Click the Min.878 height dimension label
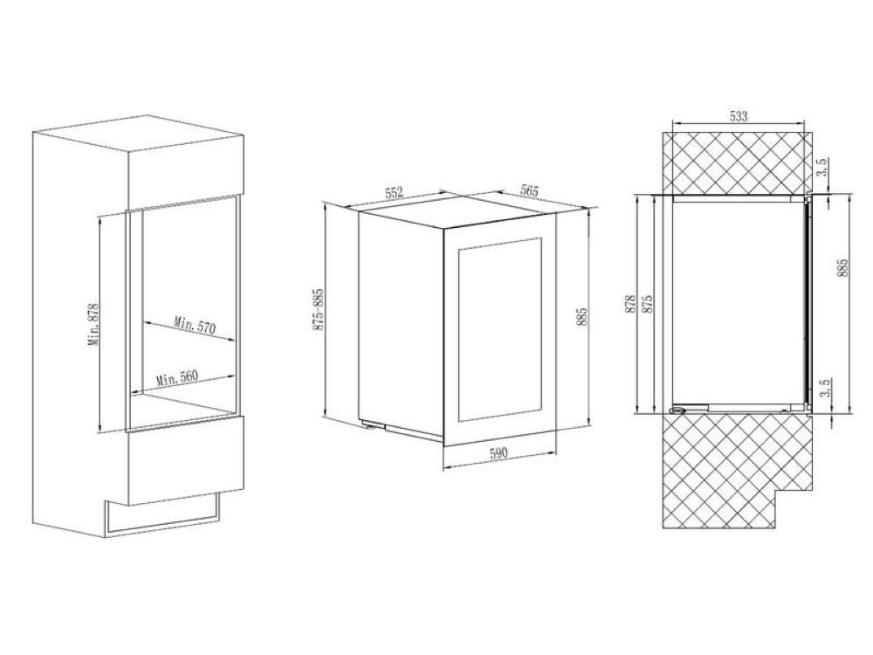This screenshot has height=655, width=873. [x=93, y=324]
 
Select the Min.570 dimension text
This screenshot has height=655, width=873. [x=195, y=325]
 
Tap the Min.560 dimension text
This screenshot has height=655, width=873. [x=177, y=377]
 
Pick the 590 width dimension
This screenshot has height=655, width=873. [x=498, y=453]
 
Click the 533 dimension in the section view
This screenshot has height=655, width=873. [x=739, y=116]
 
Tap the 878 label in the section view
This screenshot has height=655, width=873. [x=631, y=304]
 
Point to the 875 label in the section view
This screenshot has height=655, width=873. [x=647, y=304]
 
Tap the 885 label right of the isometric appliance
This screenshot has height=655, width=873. [x=583, y=318]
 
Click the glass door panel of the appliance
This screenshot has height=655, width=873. [x=499, y=330]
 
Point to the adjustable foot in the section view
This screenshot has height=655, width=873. [x=678, y=410]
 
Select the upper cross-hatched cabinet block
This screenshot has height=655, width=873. [x=737, y=162]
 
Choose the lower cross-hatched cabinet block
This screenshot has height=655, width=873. [x=737, y=471]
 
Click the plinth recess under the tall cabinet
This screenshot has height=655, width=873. [x=162, y=514]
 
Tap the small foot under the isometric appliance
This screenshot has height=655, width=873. [x=368, y=426]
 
